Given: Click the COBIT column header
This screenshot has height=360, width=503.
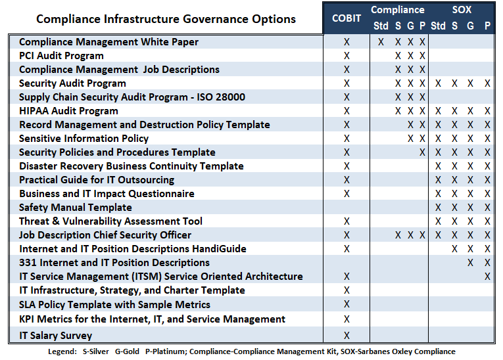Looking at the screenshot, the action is pyautogui.click(x=347, y=18).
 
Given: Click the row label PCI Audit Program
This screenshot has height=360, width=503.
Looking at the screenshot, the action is pyautogui.click(x=61, y=56).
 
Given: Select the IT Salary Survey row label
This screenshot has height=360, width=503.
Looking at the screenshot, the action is pyautogui.click(x=55, y=335).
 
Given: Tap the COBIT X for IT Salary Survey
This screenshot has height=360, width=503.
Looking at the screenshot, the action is pyautogui.click(x=347, y=335).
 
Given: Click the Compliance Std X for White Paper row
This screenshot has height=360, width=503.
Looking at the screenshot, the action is pyautogui.click(x=381, y=42).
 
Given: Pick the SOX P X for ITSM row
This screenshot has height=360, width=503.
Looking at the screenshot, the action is pyautogui.click(x=487, y=277).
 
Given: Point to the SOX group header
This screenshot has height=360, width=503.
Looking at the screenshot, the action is pyautogui.click(x=462, y=10).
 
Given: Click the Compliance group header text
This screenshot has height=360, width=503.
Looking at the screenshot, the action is pyautogui.click(x=397, y=10).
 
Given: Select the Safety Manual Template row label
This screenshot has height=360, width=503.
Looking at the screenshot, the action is pyautogui.click(x=76, y=208).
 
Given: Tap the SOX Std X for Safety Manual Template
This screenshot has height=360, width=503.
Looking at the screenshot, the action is pyautogui.click(x=438, y=208).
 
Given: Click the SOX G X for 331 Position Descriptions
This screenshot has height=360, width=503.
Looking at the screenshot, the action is pyautogui.click(x=470, y=263).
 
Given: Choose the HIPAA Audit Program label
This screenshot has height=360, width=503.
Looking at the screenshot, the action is pyautogui.click(x=68, y=111).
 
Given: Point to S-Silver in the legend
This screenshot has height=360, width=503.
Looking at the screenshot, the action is pyautogui.click(x=95, y=351).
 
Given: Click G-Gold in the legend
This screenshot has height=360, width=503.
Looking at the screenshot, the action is pyautogui.click(x=127, y=351).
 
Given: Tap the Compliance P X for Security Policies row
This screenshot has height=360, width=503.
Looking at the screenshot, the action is pyautogui.click(x=422, y=152).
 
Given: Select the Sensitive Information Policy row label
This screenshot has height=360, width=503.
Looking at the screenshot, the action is pyautogui.click(x=84, y=139).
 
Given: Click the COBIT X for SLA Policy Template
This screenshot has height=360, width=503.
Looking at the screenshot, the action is pyautogui.click(x=347, y=304).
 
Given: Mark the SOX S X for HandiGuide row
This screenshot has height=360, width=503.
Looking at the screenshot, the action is pyautogui.click(x=454, y=249).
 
